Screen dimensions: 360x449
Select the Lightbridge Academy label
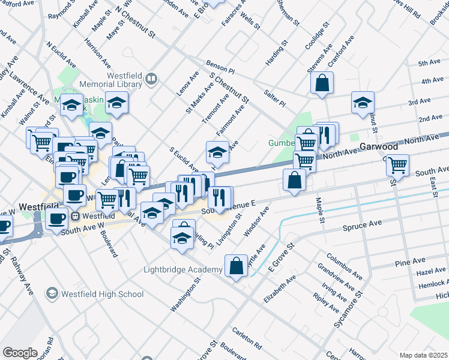(182, 269)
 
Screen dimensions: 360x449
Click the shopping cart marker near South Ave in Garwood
(397, 166)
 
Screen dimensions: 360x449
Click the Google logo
(20, 353)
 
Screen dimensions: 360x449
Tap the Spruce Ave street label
(362, 227)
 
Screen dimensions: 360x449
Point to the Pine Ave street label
(406, 263)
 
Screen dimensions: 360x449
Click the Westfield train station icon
(76, 216)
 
